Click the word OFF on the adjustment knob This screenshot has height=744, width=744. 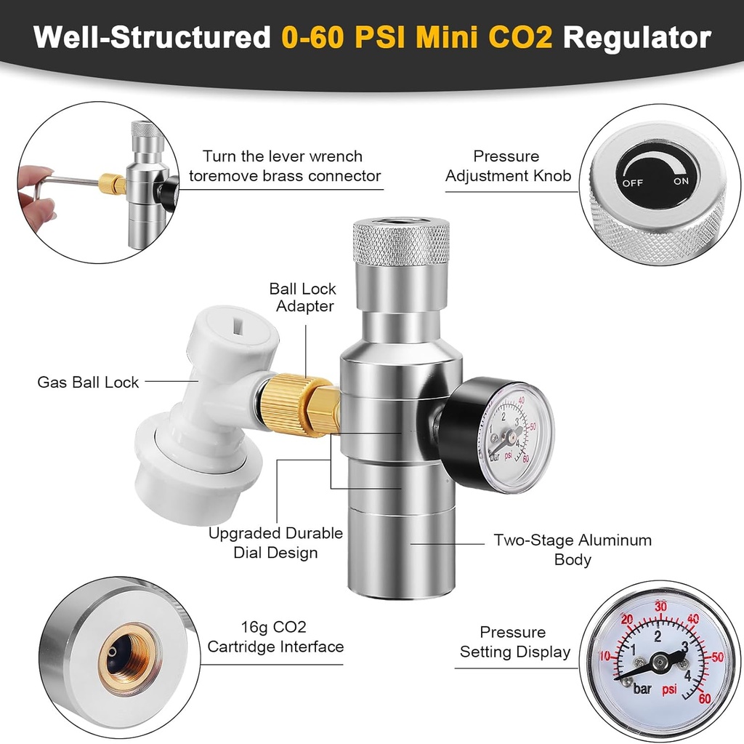[x=632, y=183]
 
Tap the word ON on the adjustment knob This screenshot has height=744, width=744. [x=681, y=182]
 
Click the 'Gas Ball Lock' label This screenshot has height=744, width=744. [x=88, y=382]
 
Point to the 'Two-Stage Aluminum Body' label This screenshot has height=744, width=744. [x=572, y=550]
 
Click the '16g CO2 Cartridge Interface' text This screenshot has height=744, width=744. [x=275, y=636]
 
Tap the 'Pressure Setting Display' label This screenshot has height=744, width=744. [x=514, y=641]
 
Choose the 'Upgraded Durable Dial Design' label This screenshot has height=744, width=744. [x=275, y=543]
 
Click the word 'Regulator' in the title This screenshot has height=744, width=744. [x=636, y=38]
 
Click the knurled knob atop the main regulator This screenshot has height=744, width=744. [x=400, y=244]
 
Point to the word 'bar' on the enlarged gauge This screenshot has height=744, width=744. [x=642, y=687]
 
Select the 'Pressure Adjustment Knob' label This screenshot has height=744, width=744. [x=508, y=166]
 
